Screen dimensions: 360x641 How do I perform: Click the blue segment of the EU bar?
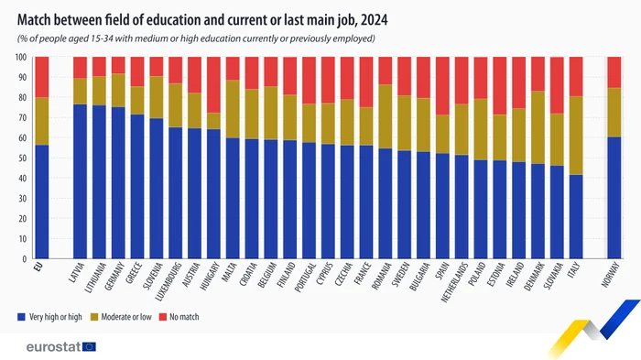pyautogui.click(x=41, y=202)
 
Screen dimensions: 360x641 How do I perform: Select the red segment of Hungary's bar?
pyautogui.click(x=213, y=84)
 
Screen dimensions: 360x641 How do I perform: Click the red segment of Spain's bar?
pyautogui.click(x=443, y=85)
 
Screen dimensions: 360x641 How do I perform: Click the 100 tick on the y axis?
pyautogui.click(x=19, y=57)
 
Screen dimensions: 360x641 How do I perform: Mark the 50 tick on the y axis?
pyautogui.click(x=21, y=158)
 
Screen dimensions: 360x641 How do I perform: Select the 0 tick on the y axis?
pyautogui.click(x=24, y=259)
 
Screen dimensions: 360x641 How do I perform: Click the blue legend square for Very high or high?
pyautogui.click(x=22, y=317)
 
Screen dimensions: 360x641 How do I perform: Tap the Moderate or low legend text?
pyautogui.click(x=132, y=317)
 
